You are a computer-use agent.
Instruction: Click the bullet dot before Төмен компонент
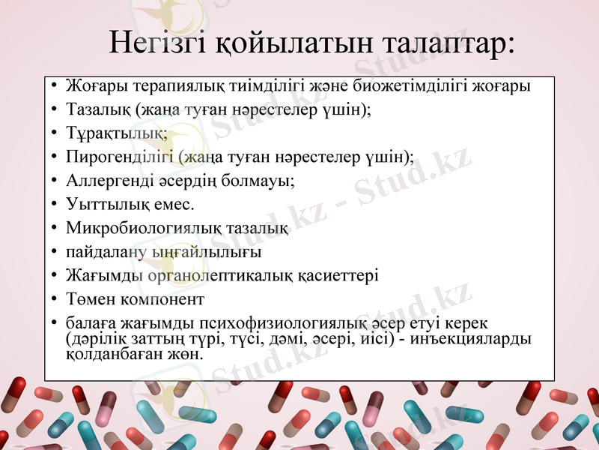pos(54,298)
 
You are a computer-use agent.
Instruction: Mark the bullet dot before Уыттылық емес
pos(54,204)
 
